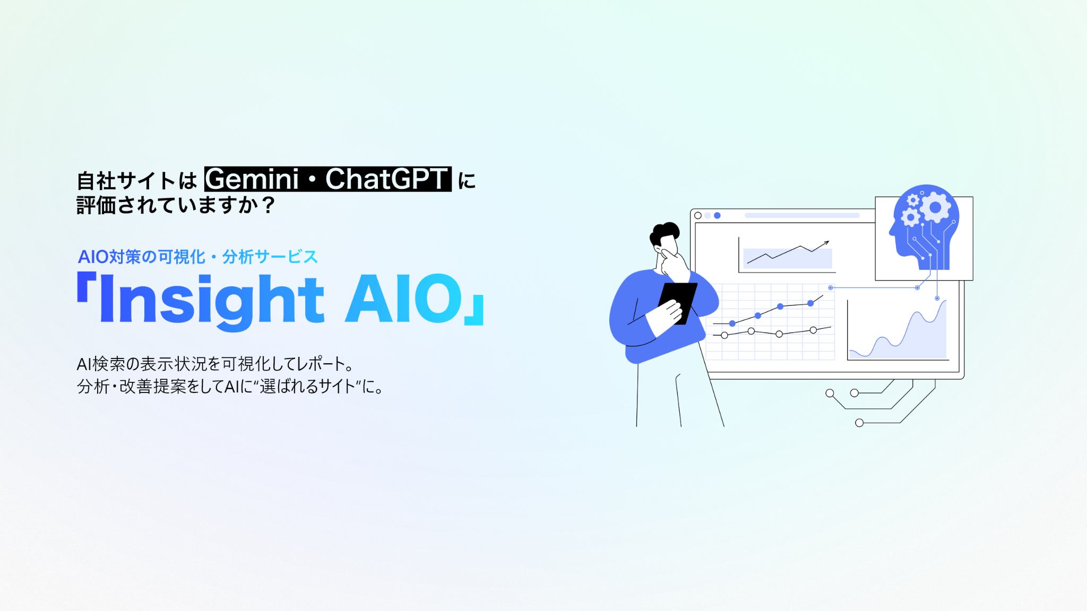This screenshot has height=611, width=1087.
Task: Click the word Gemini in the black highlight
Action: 253,179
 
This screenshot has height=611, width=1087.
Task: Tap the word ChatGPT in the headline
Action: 387,179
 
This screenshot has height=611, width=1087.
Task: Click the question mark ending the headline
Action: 269,205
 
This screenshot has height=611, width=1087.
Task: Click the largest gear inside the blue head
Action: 935,207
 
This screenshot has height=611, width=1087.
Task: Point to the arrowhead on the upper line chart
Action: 826,243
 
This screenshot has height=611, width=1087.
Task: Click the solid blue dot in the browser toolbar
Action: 717,215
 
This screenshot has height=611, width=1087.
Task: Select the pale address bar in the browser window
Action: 803,215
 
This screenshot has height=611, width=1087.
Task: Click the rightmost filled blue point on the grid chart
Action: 810,303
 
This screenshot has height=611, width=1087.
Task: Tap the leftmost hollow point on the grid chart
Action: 724,335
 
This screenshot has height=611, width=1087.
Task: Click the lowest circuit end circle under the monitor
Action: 859,423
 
